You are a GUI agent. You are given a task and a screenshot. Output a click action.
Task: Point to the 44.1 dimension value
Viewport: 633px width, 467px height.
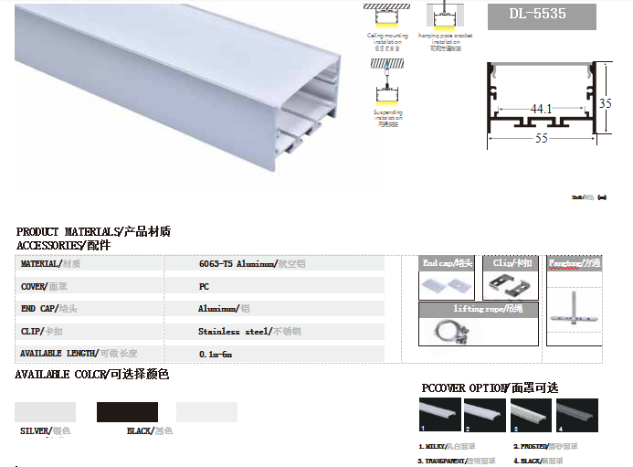coord(542,109)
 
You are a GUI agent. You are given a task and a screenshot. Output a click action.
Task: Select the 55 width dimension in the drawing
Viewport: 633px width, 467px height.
coord(542,139)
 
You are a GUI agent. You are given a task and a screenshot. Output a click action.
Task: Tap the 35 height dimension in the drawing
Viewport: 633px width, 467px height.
coord(605,103)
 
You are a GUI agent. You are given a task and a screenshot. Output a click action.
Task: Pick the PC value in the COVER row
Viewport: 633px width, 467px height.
coord(204,286)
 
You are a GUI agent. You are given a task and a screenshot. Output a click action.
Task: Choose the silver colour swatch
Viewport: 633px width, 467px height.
coord(46,412)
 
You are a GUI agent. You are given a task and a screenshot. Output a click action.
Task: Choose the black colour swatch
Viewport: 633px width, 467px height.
coord(128,412)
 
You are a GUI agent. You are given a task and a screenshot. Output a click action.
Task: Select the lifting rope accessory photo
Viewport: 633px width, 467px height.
coord(448,331)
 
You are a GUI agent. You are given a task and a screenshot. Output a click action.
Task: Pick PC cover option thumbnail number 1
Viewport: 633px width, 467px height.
coord(439,414)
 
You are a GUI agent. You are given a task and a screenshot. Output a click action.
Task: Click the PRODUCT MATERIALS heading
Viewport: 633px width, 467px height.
coord(93,232)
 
